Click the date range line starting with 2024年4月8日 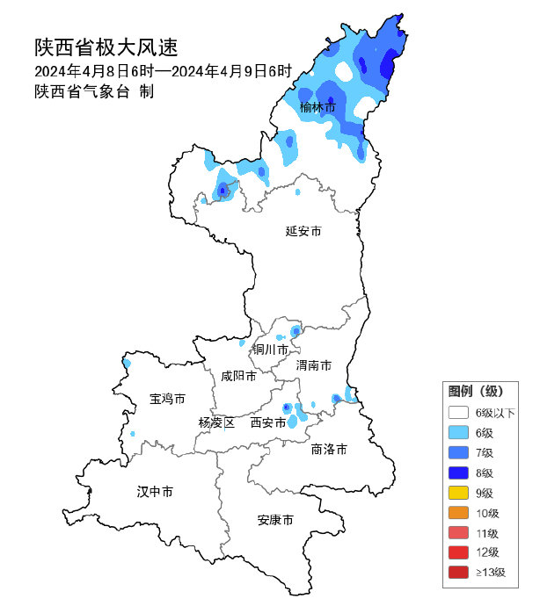point(163,71)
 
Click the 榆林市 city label point(317,108)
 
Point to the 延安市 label point(303,232)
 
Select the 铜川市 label point(271,350)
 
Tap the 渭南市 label point(313,364)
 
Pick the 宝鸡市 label point(167,399)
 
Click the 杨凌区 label point(216,422)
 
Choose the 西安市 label point(268,422)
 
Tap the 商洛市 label point(329,449)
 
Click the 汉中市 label point(155,491)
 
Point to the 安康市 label point(275,520)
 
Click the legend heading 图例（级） point(475,391)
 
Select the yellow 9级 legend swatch point(457,493)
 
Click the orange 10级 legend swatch point(457,513)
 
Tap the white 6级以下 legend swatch point(457,412)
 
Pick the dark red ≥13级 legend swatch point(457,573)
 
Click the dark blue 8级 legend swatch point(457,473)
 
